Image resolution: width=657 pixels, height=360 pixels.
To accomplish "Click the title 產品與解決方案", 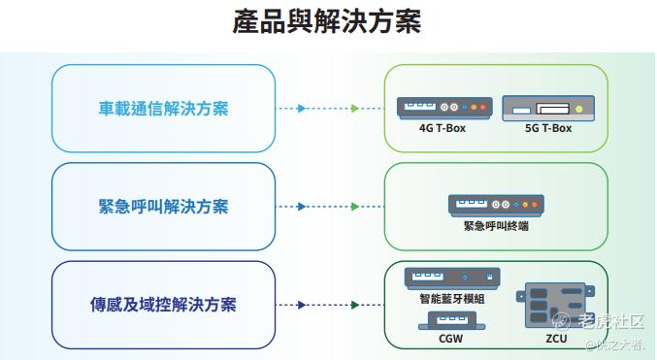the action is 327,21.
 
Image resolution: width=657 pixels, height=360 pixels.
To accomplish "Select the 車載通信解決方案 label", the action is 163,109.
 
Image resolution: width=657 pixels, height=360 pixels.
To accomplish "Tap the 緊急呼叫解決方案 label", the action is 163,207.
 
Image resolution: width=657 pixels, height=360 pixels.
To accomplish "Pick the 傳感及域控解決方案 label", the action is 163,305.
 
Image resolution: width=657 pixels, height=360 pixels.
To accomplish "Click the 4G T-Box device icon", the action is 444,108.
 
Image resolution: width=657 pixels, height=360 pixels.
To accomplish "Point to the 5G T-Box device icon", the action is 548,108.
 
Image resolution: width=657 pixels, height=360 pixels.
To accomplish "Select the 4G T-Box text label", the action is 443,128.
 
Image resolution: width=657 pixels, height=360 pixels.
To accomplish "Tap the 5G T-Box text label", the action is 548,128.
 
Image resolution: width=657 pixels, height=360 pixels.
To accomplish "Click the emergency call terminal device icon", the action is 496,206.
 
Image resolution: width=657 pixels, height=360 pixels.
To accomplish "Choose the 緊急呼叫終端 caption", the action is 496,226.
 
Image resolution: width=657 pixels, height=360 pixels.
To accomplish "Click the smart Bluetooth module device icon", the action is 452,278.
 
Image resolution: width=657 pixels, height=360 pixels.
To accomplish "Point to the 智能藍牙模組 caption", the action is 452,299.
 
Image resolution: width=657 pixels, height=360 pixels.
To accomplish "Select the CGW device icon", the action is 451,321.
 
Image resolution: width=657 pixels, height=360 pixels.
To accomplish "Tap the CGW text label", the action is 451,339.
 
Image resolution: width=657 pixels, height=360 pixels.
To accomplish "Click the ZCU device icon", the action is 556,306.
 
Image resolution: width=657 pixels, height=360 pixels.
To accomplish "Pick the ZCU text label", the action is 556,339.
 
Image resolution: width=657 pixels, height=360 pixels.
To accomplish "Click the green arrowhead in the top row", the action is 355,109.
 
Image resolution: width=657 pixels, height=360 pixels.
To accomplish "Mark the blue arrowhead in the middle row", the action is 301,207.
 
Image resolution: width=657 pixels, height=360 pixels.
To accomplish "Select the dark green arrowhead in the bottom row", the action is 355,305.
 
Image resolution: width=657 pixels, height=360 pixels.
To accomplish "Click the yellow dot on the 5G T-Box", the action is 579,109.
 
